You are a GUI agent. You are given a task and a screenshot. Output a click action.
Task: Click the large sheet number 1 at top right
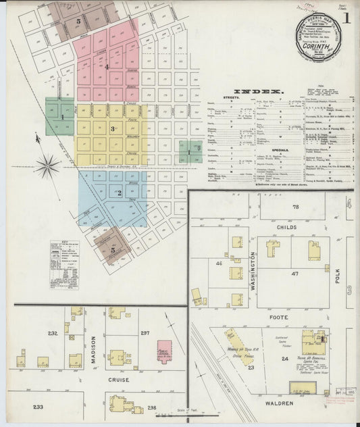(346, 18)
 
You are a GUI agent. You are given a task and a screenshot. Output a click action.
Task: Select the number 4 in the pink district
(107, 66)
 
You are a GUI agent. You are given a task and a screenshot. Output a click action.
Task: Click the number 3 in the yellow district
(112, 128)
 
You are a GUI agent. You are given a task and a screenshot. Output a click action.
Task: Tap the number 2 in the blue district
(119, 193)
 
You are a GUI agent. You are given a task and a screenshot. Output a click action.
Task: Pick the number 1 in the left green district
(62, 116)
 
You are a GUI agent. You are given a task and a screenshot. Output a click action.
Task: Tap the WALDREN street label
(279, 403)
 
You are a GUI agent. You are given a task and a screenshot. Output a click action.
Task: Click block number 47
(294, 274)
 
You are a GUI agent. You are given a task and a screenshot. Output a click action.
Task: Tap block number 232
(52, 333)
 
